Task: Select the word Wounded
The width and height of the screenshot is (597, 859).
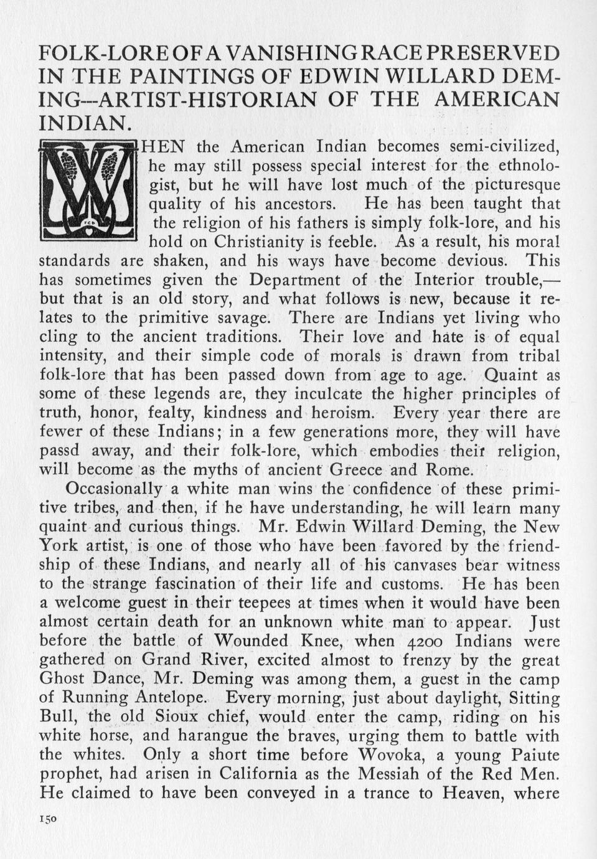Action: pos(251,641)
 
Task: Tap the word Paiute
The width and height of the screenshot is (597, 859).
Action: pos(530,754)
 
